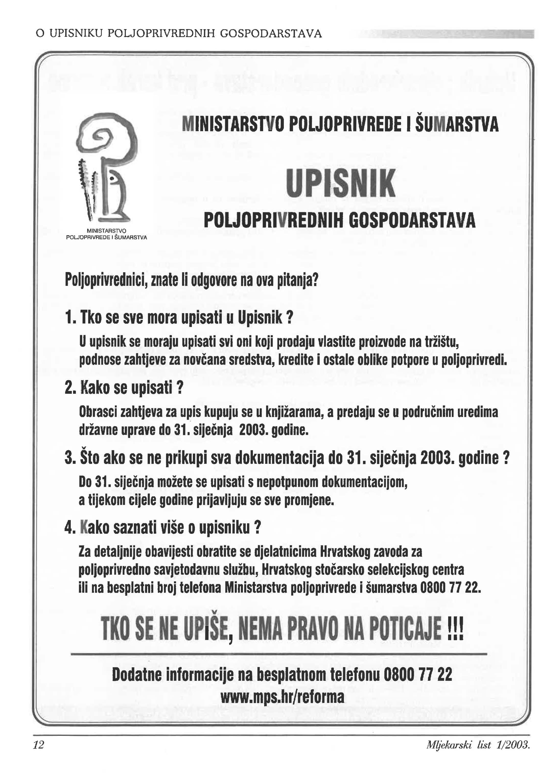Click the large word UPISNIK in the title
click(x=340, y=183)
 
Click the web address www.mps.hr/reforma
click(x=282, y=697)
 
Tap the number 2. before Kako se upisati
click(x=70, y=388)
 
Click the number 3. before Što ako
click(x=70, y=458)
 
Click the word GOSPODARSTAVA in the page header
click(x=271, y=34)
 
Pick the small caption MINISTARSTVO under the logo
click(x=106, y=231)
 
